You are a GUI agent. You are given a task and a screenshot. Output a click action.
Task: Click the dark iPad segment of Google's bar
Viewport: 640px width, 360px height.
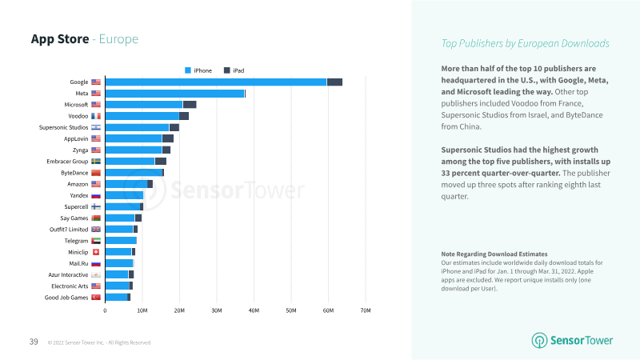pos(334,82)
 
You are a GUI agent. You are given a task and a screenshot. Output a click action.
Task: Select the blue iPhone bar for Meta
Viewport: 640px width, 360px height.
pos(174,94)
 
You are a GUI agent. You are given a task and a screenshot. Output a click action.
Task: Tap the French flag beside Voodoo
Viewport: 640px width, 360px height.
pos(96,116)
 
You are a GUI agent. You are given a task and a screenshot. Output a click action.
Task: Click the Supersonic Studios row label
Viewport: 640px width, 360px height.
pos(63,127)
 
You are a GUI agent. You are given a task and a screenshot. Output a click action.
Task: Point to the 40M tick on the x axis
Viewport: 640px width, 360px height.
pos(254,310)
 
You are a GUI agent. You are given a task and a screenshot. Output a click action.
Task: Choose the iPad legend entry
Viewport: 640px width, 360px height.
pos(234,70)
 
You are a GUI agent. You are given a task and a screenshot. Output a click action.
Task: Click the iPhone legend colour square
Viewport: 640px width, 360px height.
pos(188,70)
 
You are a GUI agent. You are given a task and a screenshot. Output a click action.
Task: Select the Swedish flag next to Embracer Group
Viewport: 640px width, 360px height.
pos(96,162)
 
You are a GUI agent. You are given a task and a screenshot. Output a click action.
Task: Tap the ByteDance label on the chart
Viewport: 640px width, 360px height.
pos(74,173)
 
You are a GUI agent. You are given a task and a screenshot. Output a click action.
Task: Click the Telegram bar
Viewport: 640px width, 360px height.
pos(121,241)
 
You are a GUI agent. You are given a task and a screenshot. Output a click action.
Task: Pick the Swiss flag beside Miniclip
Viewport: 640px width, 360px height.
pos(96,252)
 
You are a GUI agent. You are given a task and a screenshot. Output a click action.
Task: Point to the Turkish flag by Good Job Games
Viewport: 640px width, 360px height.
pos(96,298)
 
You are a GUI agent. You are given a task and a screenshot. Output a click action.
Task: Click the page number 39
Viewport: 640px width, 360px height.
pos(34,342)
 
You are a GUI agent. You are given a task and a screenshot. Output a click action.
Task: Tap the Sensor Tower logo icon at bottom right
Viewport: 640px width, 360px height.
pos(539,341)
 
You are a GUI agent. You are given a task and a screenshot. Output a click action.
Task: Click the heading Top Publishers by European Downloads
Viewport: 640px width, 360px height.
pos(526,43)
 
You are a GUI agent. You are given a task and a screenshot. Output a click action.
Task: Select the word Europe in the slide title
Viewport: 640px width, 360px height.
pos(118,39)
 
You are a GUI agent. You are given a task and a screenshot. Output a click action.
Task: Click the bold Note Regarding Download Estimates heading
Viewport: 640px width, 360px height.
pos(494,254)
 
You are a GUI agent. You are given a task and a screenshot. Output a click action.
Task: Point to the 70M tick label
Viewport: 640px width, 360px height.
pos(366,310)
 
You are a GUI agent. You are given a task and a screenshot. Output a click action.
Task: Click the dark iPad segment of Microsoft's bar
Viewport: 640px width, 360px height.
pos(190,105)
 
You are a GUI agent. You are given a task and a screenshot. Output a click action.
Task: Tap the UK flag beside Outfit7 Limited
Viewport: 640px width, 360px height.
pos(96,230)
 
